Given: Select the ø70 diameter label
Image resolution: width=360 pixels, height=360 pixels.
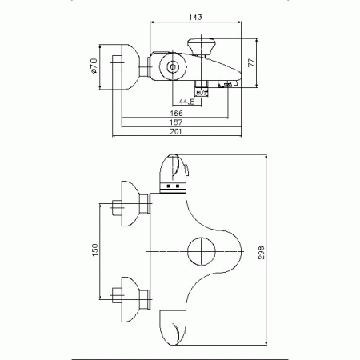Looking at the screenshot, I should (94, 67).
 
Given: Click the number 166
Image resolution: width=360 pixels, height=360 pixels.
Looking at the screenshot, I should (186, 114).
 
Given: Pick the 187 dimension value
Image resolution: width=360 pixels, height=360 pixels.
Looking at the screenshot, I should (186, 123).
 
